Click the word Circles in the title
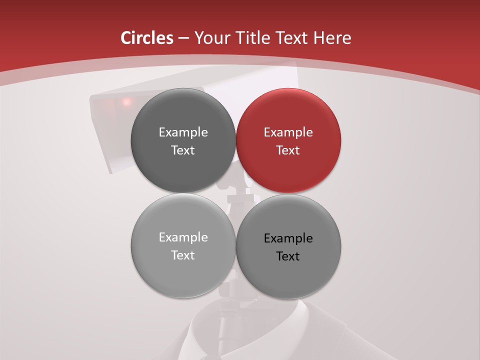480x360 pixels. (146, 38)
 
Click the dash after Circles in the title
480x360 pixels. (183, 38)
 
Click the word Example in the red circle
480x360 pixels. (288, 132)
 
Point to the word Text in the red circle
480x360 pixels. (288, 150)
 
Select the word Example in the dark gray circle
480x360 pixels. (183, 132)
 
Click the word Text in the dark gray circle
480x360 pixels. (183, 150)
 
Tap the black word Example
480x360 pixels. (288, 238)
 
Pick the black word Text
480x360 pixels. (288, 256)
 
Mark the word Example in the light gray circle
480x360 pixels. (183, 237)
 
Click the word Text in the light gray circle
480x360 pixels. (183, 255)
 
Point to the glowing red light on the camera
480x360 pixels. (126, 101)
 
